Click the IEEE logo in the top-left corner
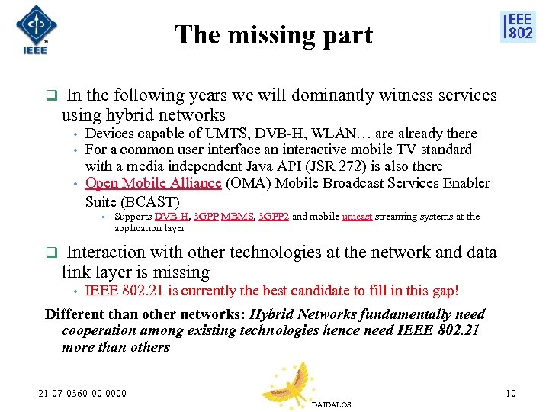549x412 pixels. click(31, 30)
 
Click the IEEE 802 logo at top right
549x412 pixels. click(518, 27)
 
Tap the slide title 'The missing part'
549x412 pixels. click(274, 35)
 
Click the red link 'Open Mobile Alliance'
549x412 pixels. click(153, 183)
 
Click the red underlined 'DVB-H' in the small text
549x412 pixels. click(172, 217)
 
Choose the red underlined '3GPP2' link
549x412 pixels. click(274, 217)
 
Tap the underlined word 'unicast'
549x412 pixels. click(357, 217)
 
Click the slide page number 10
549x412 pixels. click(510, 394)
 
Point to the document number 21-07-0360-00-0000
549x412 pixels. click(82, 394)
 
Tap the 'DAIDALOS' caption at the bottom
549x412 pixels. click(332, 405)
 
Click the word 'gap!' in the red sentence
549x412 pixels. click(442, 291)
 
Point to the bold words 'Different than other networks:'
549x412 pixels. click(146, 314)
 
